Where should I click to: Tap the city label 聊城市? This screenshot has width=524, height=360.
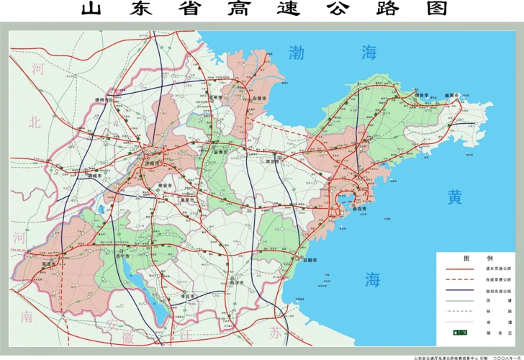point(94,176)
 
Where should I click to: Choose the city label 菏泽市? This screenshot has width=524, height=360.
point(49,265)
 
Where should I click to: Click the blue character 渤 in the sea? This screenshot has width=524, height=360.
point(297,52)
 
